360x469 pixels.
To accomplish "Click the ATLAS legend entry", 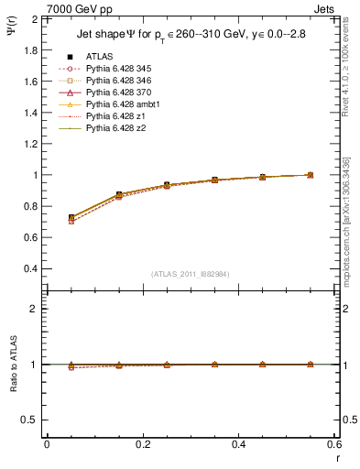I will [100, 57].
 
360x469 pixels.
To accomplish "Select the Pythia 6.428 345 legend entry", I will [119, 69].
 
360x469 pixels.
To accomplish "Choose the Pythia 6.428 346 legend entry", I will [119, 81].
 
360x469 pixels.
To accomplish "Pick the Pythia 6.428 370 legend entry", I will [119, 93].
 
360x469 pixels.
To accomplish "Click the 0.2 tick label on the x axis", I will [142, 444].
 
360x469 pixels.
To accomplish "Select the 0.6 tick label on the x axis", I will [333, 444].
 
